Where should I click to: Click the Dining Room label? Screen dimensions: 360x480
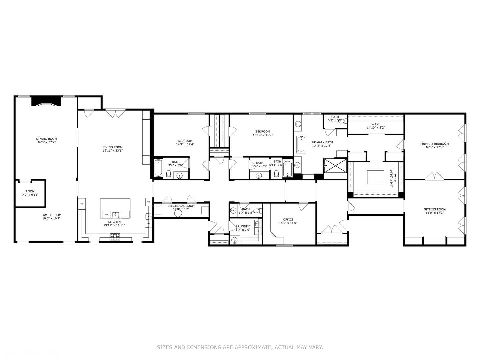46,139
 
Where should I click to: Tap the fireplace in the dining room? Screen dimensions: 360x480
46,101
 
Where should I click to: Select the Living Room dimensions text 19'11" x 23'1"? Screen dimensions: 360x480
113,151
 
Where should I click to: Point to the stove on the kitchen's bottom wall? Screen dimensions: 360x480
115,236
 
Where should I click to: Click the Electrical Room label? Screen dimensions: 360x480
181,206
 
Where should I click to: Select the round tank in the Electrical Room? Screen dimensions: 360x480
178,214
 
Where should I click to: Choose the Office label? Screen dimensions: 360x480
288,219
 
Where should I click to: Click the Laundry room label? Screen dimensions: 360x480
243,226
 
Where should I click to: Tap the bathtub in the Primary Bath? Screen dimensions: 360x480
301,144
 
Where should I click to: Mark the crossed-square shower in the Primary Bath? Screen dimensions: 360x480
335,166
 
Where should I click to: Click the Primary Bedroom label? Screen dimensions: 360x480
434,144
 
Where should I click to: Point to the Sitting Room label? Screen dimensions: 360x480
435,209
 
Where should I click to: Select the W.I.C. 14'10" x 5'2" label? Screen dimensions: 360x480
376,126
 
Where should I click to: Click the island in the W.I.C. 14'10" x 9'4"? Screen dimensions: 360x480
375,177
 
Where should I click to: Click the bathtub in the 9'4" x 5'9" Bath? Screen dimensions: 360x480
158,168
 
